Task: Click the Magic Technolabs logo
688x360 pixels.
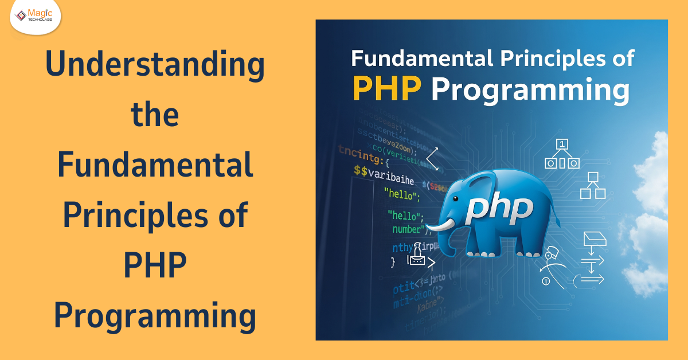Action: pyautogui.click(x=35, y=17)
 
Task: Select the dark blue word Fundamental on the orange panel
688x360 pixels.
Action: pyautogui.click(x=155, y=165)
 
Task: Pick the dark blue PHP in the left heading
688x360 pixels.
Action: pyautogui.click(x=155, y=265)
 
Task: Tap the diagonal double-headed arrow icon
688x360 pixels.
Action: pyautogui.click(x=432, y=158)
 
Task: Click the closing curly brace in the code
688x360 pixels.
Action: pyautogui.click(x=393, y=262)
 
